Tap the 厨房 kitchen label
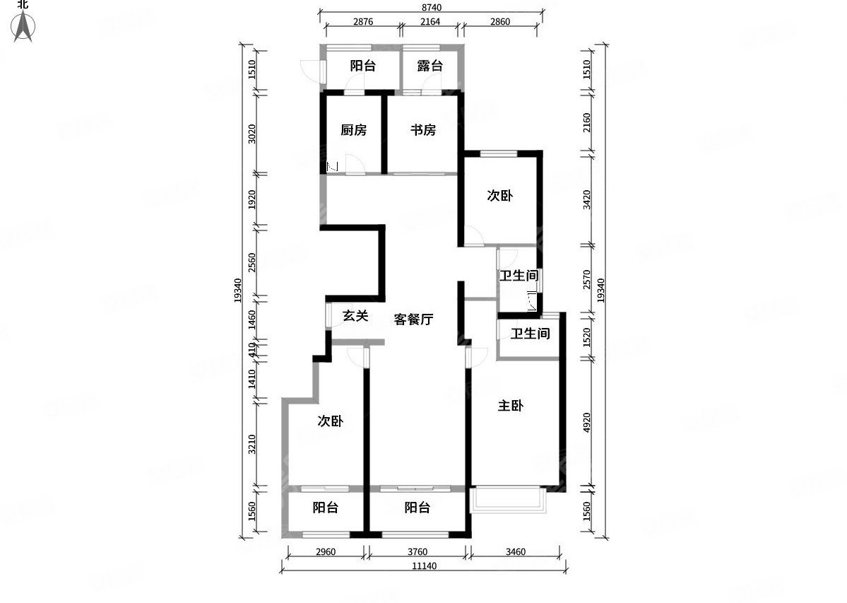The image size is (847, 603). [353, 131]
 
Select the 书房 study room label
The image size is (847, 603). [423, 131]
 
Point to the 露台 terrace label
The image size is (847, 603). [430, 66]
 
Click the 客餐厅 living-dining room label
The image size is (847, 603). [413, 320]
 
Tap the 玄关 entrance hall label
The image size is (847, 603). [355, 316]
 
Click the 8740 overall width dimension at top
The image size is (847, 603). [431, 6]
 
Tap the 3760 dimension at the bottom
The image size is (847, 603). [416, 551]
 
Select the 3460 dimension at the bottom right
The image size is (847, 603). [513, 551]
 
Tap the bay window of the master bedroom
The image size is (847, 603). [507, 500]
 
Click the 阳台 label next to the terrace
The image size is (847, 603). [362, 66]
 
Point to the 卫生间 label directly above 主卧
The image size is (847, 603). [531, 334]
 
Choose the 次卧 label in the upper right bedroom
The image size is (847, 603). [499, 197]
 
